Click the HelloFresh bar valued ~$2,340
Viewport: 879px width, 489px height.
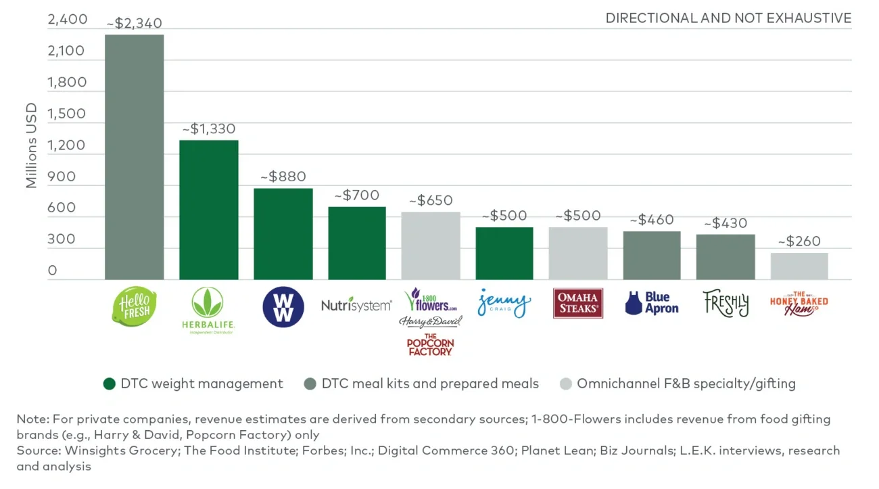click(134, 157)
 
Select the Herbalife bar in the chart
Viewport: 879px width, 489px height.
click(208, 210)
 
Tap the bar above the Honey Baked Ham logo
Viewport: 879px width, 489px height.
click(799, 266)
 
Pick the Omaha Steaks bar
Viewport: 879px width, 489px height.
click(578, 254)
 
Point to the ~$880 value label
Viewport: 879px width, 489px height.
click(283, 177)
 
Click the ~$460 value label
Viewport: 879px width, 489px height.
click(652, 220)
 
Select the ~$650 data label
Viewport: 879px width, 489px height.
click(431, 201)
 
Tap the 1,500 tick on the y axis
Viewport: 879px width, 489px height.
click(67, 114)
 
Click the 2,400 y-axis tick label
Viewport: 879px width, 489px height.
click(67, 20)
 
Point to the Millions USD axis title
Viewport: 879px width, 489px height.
click(32, 145)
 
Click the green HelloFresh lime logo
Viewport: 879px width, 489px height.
click(134, 306)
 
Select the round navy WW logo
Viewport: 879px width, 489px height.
click(283, 307)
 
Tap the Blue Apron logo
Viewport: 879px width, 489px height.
click(652, 303)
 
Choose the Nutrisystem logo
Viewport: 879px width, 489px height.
click(356, 305)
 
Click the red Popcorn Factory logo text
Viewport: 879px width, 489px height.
click(430, 345)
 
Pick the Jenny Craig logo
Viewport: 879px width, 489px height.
click(504, 303)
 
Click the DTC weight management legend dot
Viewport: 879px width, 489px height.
click(110, 384)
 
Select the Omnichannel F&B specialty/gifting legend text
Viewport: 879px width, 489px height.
click(686, 384)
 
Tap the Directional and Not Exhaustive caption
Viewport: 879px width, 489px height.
click(728, 18)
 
